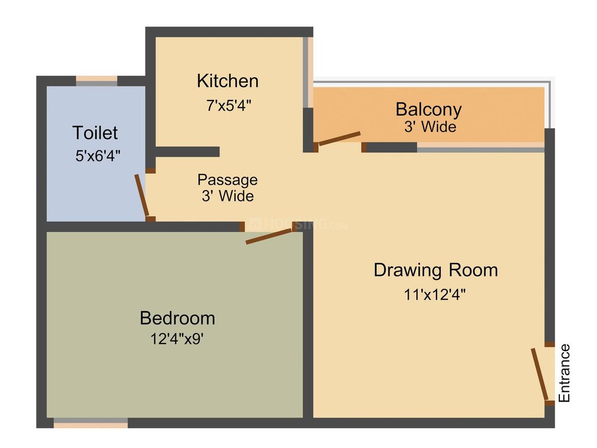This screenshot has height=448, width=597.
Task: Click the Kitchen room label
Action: click(x=227, y=81)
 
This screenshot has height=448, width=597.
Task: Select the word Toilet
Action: click(x=95, y=133)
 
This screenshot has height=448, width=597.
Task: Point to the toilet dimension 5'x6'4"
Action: click(x=98, y=156)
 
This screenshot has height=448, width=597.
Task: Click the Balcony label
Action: click(x=428, y=109)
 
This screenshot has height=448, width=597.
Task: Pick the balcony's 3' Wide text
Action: click(x=430, y=127)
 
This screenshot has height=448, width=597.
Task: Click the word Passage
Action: click(x=227, y=180)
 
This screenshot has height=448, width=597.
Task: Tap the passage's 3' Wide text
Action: click(x=227, y=196)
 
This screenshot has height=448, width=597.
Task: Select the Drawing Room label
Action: click(x=435, y=270)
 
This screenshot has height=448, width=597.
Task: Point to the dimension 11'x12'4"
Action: click(x=435, y=295)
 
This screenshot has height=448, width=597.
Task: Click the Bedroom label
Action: click(x=177, y=318)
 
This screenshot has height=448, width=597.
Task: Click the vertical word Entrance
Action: click(x=565, y=373)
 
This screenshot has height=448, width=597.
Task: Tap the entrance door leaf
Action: click(x=539, y=374)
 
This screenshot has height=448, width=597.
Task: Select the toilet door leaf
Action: click(x=142, y=195)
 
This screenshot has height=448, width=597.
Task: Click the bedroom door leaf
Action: click(x=269, y=236)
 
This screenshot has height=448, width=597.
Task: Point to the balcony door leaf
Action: click(x=339, y=139)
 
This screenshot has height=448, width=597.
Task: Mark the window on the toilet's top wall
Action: click(x=97, y=80)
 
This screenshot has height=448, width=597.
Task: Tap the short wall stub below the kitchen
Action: click(x=187, y=151)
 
